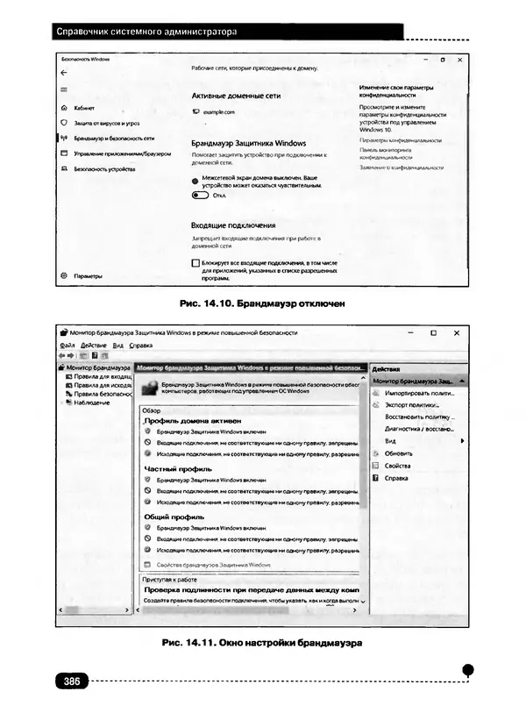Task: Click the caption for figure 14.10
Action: pos(263,304)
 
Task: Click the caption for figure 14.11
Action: pos(263,643)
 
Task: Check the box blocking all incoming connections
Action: pos(195,262)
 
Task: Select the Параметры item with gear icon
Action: pos(88,275)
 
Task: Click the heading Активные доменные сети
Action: pos(236,96)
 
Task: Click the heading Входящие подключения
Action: pos(233,225)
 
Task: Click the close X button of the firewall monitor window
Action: pos(456,333)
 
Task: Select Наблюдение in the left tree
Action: pos(92,403)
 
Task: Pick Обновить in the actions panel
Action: pos(399,453)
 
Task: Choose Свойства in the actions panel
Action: pos(398,466)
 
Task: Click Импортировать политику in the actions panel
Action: pos(416,394)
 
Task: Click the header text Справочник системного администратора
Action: pos(146,32)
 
